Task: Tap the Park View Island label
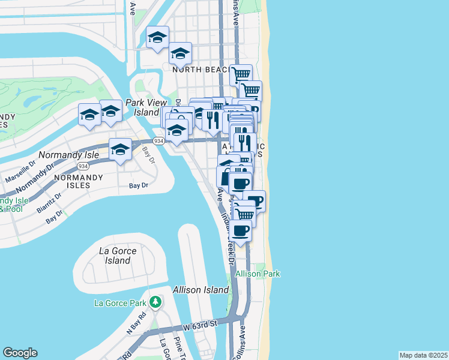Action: coord(142,107)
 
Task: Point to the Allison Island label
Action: coord(200,290)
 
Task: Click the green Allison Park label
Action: coord(258,274)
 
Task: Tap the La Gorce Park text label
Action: coord(121,303)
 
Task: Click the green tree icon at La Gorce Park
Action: coord(155,301)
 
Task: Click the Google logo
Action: coord(20,353)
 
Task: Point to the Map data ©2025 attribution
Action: coord(423,355)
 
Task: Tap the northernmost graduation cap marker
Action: coord(158,38)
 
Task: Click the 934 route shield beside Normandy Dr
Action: coord(83,166)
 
